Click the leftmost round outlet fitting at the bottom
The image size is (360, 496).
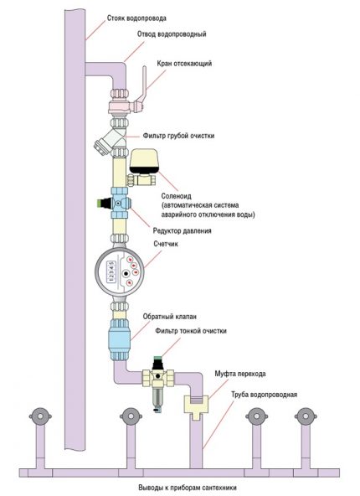(x=38, y=416)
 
